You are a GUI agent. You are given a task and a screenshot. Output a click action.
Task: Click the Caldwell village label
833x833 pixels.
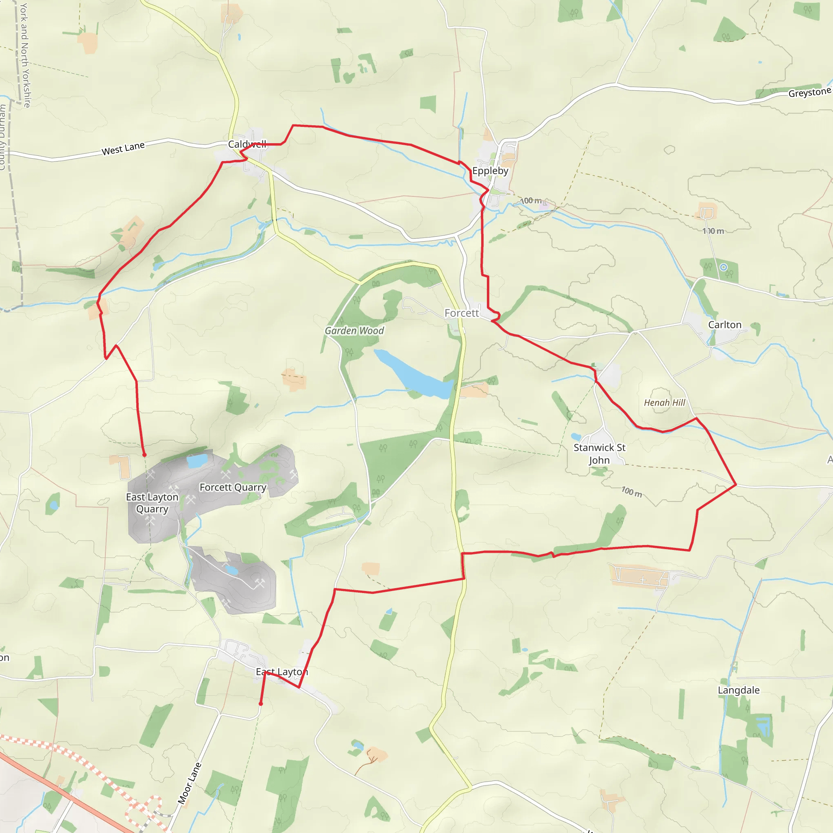click(x=247, y=144)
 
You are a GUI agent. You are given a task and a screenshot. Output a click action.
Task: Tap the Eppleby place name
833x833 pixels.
click(x=490, y=171)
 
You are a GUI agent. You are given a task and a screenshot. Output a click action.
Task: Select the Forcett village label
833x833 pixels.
click(x=461, y=313)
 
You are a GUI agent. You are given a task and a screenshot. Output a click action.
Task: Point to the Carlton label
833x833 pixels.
click(x=725, y=325)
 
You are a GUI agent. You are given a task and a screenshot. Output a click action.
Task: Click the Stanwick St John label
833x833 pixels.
click(x=599, y=454)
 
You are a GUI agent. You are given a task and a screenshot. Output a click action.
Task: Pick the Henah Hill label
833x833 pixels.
click(x=665, y=403)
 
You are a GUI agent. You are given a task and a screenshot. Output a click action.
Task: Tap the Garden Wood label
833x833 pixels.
click(x=354, y=331)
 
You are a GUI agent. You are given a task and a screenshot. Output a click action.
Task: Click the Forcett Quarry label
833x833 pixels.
click(x=233, y=487)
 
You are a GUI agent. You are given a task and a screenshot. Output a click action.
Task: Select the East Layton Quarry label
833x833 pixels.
click(x=152, y=503)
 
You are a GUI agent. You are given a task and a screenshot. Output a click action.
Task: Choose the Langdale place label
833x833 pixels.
click(x=739, y=690)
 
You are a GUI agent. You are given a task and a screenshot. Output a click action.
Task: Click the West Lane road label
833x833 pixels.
click(x=123, y=148)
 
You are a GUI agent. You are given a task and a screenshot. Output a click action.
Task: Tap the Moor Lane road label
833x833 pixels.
click(x=190, y=783)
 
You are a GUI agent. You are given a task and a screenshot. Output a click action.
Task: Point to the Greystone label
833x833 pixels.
click(x=810, y=93)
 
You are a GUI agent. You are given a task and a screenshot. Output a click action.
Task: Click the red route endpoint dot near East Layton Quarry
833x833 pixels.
click(x=144, y=455)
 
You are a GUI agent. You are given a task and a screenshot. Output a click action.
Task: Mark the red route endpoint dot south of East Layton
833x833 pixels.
click(x=260, y=704)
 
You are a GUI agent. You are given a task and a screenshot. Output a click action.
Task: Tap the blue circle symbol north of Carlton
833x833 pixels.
click(x=724, y=267)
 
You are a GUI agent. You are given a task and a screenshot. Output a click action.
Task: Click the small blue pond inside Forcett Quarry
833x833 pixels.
click(x=197, y=461)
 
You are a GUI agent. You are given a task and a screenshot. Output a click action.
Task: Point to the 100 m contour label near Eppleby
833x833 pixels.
click(x=531, y=201)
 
